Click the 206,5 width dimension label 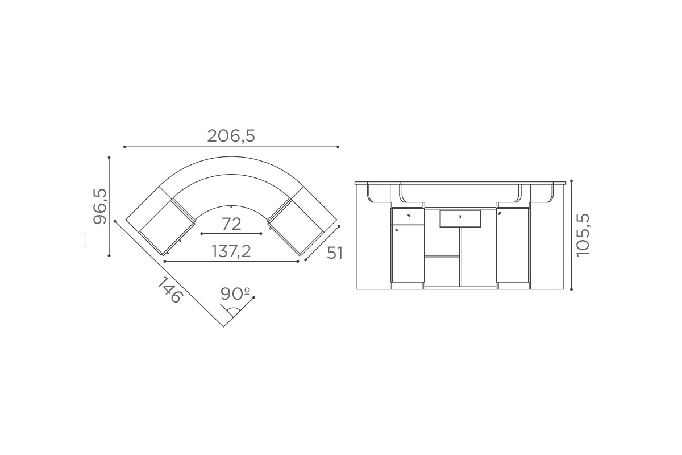click(x=231, y=136)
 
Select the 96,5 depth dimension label click(x=100, y=206)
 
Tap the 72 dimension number click(x=231, y=224)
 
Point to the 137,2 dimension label click(x=231, y=251)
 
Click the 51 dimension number click(x=335, y=253)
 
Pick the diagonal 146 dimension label click(x=170, y=289)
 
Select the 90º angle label click(x=235, y=293)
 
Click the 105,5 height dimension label click(x=583, y=235)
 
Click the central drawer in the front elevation click(x=460, y=218)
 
